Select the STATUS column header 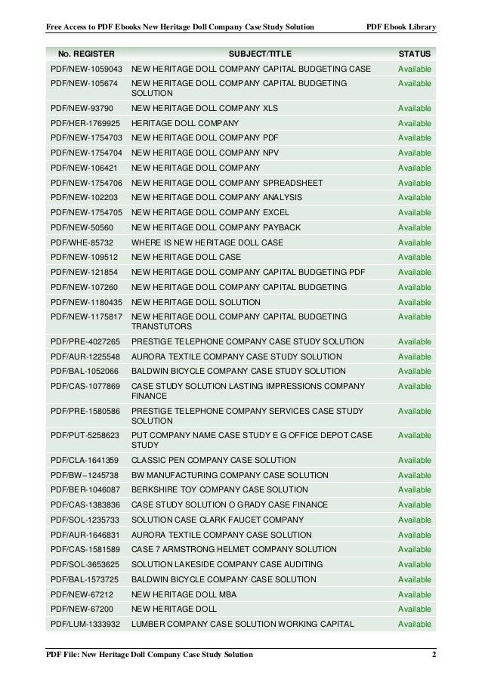(415, 54)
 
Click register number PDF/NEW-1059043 (85, 69)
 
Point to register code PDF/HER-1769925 (85, 123)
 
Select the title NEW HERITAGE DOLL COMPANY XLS (205, 109)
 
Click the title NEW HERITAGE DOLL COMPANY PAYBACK (216, 227)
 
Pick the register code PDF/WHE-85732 (82, 242)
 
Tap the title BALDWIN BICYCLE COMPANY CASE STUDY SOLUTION (239, 372)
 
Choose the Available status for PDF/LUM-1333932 (415, 624)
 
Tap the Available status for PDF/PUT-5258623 (415, 436)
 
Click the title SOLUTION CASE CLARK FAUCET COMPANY (218, 520)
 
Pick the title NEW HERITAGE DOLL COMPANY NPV (205, 153)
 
